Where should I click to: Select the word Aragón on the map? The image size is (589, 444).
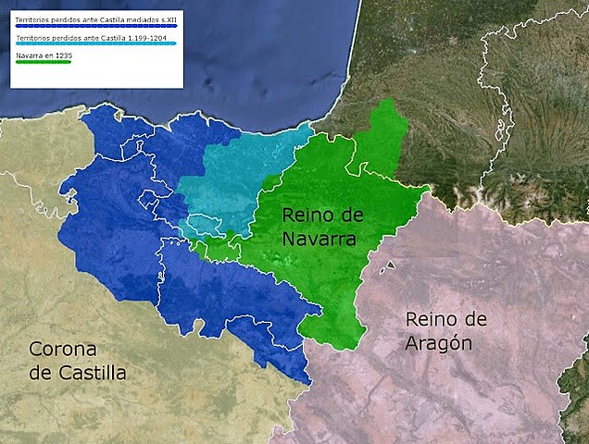pos(439,343)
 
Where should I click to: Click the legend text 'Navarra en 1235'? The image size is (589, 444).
pos(44,55)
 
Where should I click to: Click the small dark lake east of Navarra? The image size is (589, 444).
pos(391,265)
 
